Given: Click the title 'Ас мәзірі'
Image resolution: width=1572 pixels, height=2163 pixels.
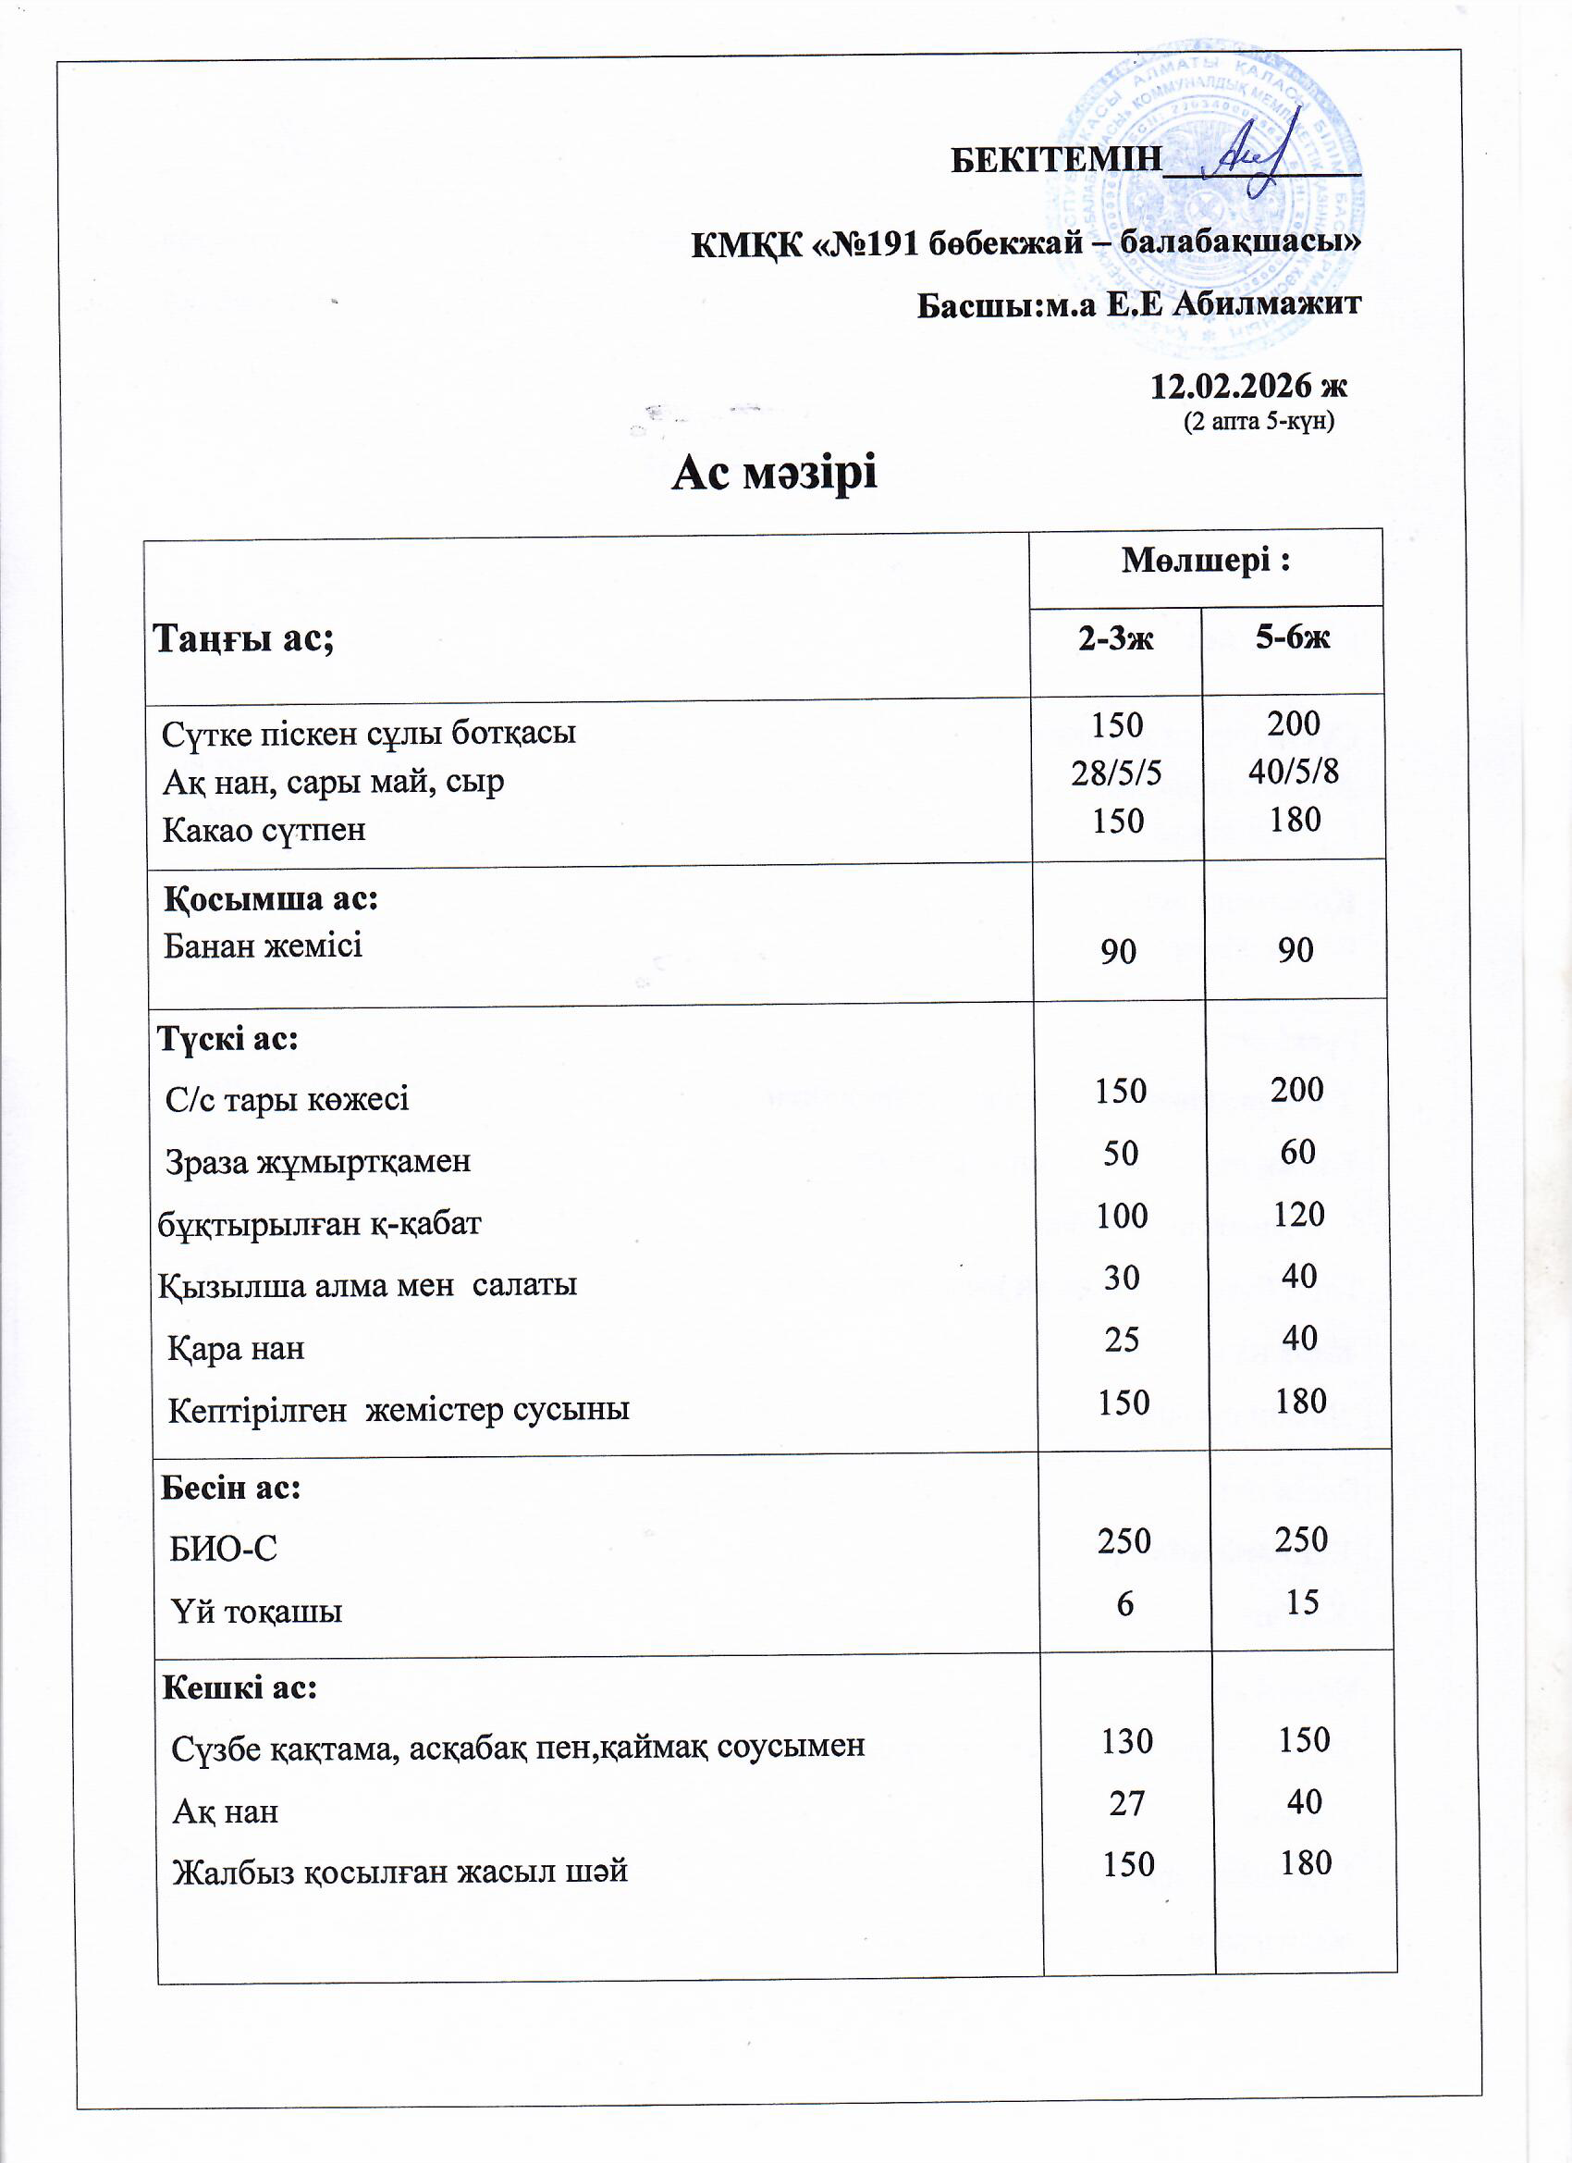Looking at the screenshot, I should click(774, 472).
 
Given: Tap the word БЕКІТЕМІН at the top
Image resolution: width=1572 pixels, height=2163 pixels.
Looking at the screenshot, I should click(1056, 159).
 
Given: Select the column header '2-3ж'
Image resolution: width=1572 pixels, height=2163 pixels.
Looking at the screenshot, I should click(1115, 638).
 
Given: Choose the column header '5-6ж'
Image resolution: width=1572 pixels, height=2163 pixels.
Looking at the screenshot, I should click(1293, 637).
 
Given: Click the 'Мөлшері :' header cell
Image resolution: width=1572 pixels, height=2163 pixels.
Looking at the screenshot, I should click(1205, 561).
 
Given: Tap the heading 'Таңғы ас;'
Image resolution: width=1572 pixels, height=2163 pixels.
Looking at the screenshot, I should click(244, 637).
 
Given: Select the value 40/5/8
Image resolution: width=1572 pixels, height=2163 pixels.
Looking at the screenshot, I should click(1294, 772).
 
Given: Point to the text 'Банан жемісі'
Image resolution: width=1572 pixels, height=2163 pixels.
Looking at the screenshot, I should click(264, 946).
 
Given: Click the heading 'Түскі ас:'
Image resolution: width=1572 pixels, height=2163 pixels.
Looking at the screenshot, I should click(227, 1039).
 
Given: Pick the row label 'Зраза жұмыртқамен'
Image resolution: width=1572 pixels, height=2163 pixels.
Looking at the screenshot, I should click(318, 1162).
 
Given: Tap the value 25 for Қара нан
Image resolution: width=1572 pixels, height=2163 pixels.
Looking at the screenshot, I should click(1122, 1340).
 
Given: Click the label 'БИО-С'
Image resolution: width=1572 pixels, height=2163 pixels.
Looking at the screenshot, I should click(223, 1549).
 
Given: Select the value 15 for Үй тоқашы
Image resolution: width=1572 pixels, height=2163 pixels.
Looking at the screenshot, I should click(1302, 1602).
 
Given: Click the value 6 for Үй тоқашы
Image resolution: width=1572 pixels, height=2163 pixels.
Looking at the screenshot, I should click(1124, 1604).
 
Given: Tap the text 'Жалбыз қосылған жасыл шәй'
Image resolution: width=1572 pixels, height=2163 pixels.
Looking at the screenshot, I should click(400, 1872).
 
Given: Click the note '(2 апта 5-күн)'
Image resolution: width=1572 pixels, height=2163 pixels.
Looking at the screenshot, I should click(1259, 421).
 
